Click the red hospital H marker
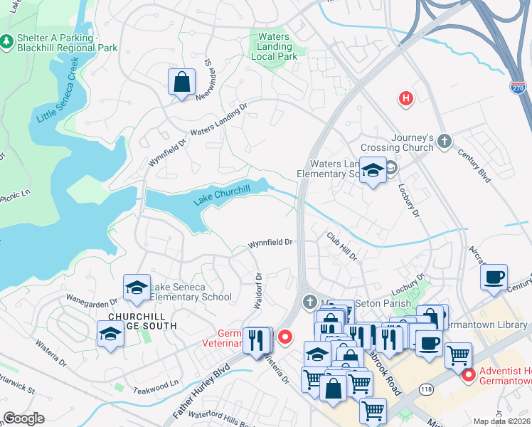click(405, 98)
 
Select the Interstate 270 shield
click(518, 87)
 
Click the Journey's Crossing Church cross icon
click(445, 140)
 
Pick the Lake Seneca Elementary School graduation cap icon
click(137, 287)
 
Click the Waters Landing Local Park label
click(274, 46)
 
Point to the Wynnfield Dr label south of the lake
click(270, 243)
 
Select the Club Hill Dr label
click(341, 246)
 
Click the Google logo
click(24, 418)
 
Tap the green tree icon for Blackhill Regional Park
click(6, 42)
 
